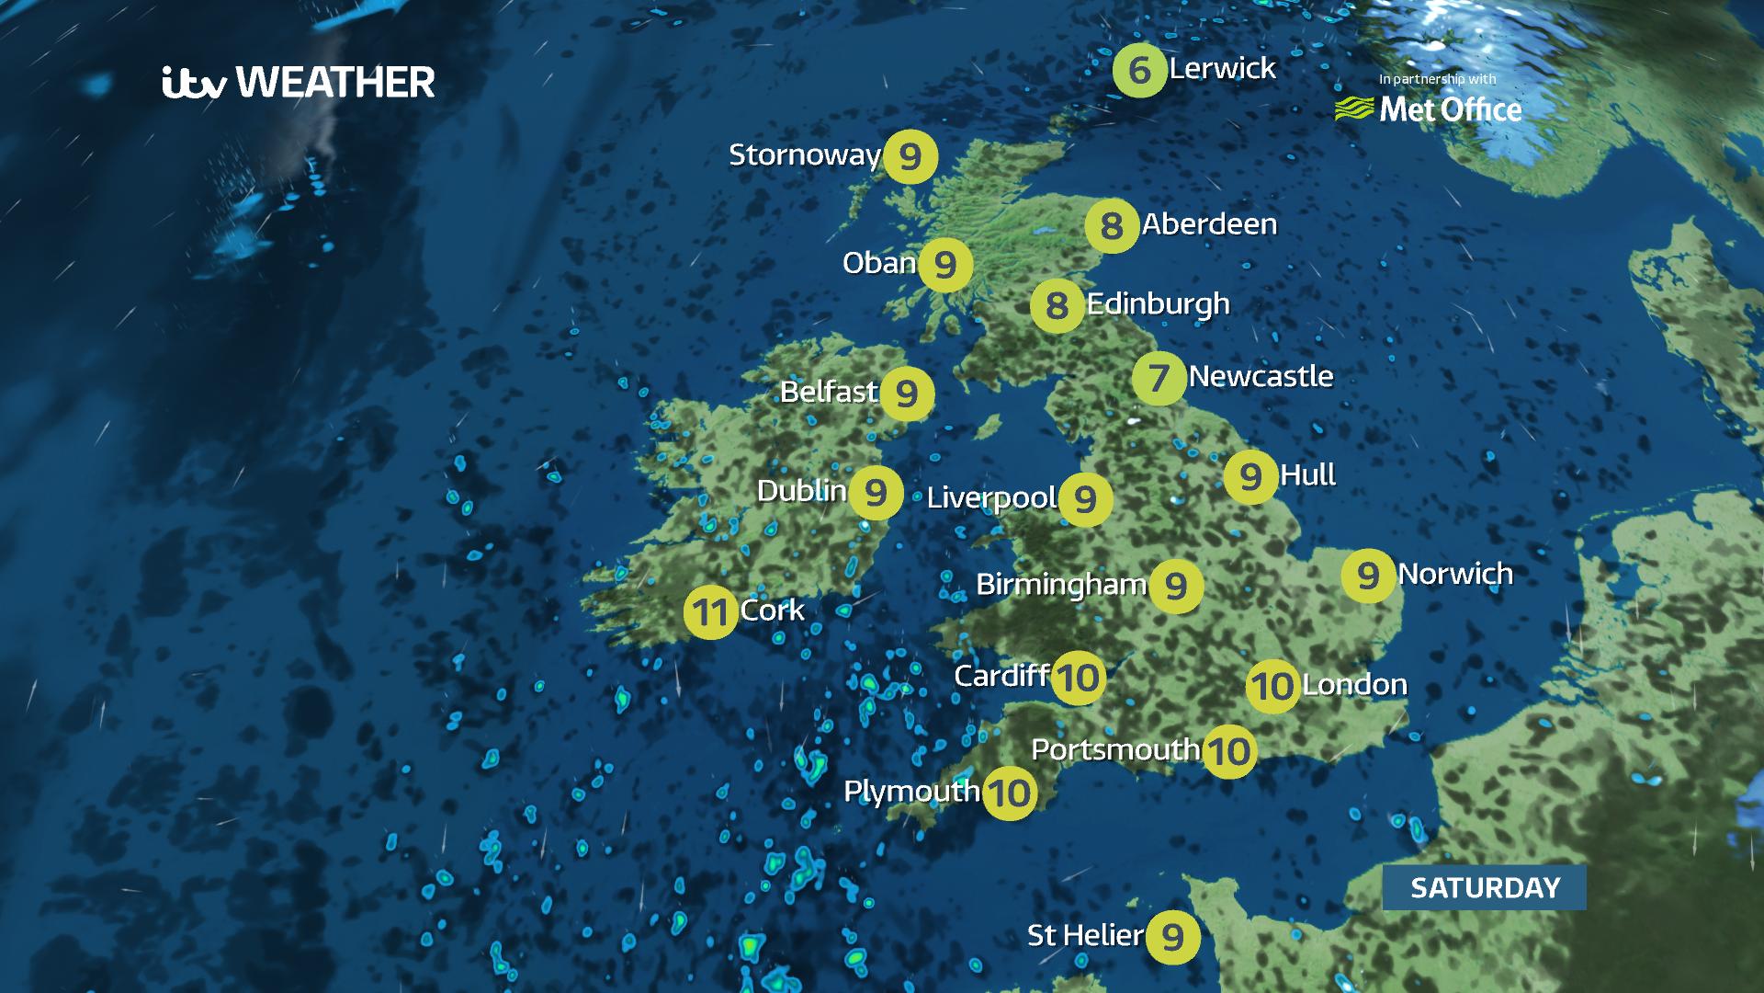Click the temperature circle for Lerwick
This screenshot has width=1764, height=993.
point(1139,70)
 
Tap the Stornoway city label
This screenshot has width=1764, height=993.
point(805,154)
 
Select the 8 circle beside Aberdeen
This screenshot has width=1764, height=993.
point(1112,225)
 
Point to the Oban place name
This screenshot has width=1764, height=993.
point(879,263)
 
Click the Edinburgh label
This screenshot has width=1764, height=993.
point(1158,304)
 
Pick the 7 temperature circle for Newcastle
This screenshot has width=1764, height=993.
point(1159,377)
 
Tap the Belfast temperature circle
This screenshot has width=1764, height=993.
point(907,394)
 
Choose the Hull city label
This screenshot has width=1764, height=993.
point(1307,475)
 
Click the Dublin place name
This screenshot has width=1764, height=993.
point(801,491)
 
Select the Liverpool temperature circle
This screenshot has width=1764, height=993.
point(1085,499)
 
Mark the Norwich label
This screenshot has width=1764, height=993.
point(1455,574)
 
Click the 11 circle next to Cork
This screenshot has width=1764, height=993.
point(710,611)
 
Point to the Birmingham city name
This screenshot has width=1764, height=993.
point(1061,585)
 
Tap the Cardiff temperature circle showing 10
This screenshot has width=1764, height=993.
point(1078,679)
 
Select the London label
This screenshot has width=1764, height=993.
point(1354,685)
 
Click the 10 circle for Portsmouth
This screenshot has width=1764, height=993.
point(1228,752)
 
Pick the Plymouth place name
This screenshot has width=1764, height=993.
point(911,791)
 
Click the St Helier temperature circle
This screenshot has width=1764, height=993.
point(1172,937)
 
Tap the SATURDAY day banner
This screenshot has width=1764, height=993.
point(1485,887)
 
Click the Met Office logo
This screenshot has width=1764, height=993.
point(1429,108)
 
